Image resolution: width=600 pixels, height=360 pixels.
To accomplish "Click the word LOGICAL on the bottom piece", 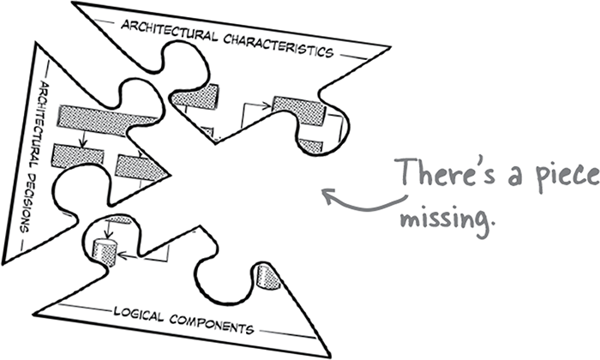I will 139,308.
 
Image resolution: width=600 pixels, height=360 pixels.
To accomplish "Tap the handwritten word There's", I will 440,176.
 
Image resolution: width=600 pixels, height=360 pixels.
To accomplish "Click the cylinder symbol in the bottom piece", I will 103,252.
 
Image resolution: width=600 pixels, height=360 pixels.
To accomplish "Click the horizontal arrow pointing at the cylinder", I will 129,255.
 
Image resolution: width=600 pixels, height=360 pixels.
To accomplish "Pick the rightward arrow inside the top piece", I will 258,106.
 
